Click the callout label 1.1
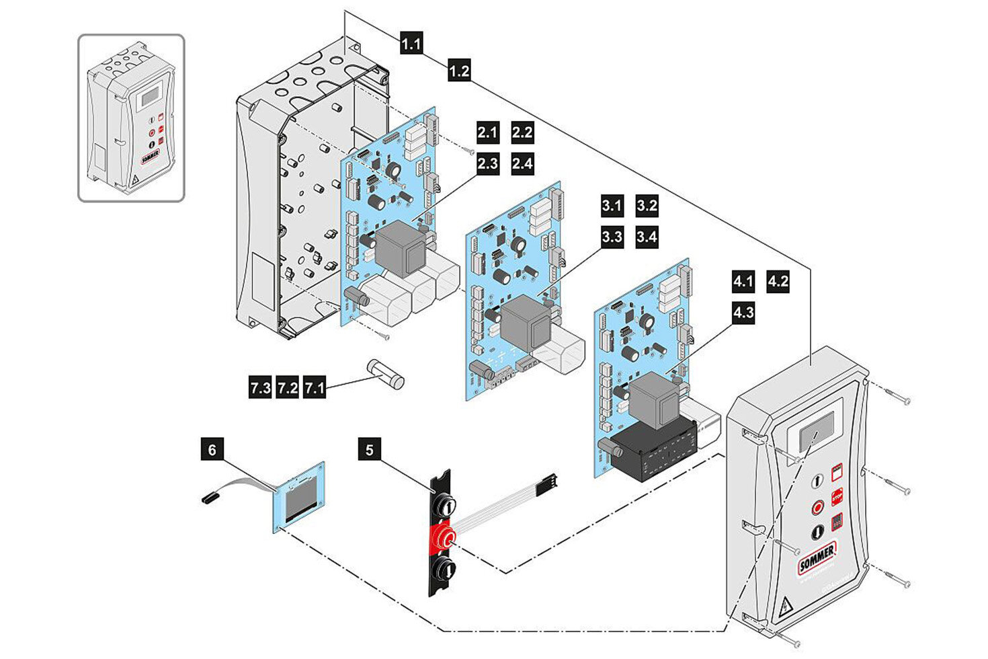tap(411, 44)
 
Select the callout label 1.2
tap(459, 70)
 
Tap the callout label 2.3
tap(487, 163)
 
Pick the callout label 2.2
tap(522, 132)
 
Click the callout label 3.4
tap(647, 237)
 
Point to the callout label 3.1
tap(612, 206)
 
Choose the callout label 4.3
tap(743, 313)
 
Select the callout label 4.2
tap(778, 281)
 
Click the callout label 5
tap(370, 449)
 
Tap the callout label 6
tap(212, 449)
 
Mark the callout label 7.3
tap(260, 388)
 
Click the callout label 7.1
tap(315, 388)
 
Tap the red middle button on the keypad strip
tap(442, 537)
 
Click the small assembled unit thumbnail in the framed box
tap(131, 118)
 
